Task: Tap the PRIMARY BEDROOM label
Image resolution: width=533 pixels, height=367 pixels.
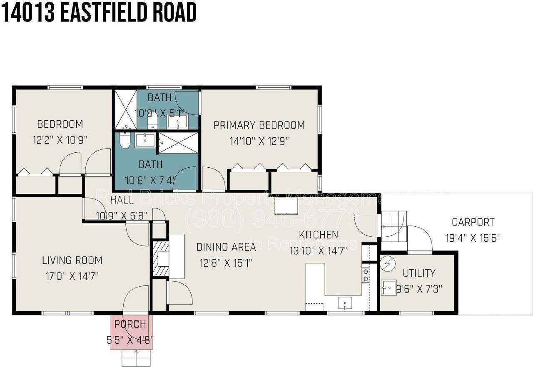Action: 259,125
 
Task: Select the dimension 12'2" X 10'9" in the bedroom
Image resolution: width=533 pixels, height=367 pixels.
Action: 60,140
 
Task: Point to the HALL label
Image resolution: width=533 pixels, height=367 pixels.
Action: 122,200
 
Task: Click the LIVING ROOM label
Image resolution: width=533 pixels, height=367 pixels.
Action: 72,261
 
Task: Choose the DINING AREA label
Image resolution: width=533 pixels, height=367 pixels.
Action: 226,248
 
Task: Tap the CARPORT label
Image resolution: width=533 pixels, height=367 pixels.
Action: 473,222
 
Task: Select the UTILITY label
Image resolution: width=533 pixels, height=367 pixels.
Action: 419,273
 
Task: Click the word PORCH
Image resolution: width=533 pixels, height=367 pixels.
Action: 130,324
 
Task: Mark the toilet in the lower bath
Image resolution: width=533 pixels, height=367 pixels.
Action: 125,141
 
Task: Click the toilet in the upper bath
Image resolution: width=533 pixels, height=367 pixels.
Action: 152,120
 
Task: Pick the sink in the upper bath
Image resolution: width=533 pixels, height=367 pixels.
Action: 177,122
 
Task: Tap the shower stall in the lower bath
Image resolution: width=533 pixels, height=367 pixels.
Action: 177,142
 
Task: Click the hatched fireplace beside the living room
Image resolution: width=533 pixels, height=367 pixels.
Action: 161,259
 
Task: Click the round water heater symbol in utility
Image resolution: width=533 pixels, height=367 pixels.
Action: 385,263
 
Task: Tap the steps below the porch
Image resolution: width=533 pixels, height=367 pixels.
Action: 136,357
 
